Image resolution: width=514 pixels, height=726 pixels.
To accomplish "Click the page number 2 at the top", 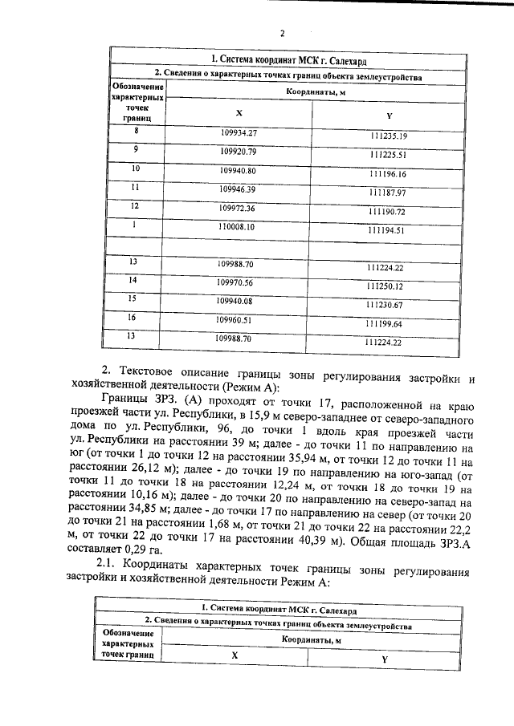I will click(x=282, y=33).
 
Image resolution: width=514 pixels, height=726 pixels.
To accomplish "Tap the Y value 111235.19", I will click(x=389, y=136).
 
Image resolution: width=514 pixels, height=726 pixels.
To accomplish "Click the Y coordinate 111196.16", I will click(x=389, y=174).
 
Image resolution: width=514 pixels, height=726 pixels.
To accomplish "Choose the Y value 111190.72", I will click(x=389, y=212).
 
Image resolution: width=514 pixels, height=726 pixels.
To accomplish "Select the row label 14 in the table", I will click(x=133, y=280).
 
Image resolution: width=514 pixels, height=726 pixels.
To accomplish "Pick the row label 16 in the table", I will click(x=133, y=318).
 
